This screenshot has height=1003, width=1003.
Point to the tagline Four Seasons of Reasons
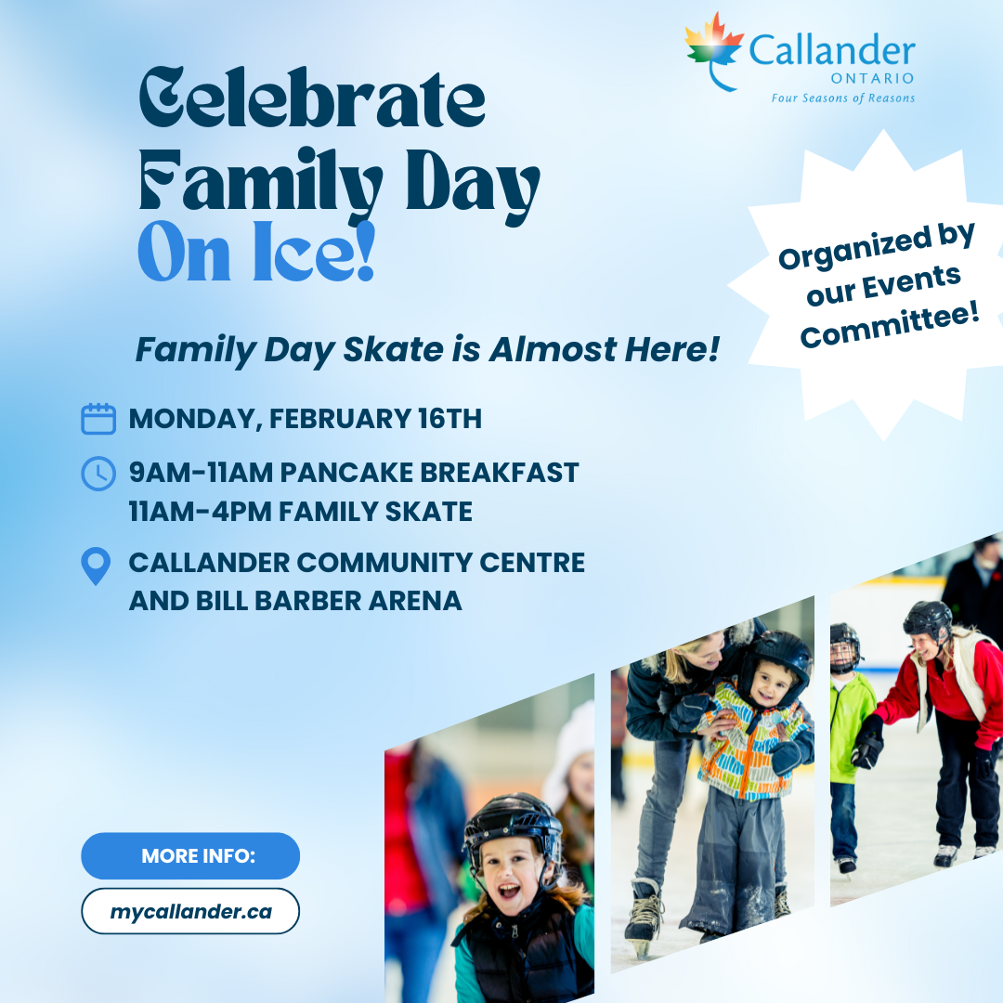(842, 98)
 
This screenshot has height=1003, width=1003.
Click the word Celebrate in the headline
(312, 99)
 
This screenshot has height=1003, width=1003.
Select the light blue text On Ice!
(256, 253)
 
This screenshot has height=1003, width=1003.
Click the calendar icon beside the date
(98, 419)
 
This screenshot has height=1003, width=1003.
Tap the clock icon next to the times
(98, 474)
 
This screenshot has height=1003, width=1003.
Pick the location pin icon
(97, 566)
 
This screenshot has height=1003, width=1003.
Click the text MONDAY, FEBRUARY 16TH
(306, 419)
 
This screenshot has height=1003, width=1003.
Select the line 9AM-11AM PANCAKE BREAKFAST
(354, 473)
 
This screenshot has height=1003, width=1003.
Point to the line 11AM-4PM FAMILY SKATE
(301, 512)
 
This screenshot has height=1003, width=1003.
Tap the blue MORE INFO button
(190, 855)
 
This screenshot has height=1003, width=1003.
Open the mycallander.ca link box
(190, 911)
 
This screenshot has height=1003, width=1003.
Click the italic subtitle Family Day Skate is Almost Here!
(427, 350)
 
